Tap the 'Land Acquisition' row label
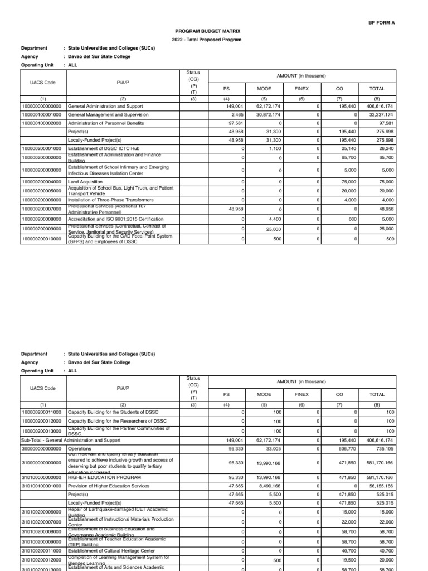[85, 182]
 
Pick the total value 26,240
[385, 150]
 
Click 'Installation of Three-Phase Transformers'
[111, 200]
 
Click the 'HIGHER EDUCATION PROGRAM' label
[101, 478]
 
